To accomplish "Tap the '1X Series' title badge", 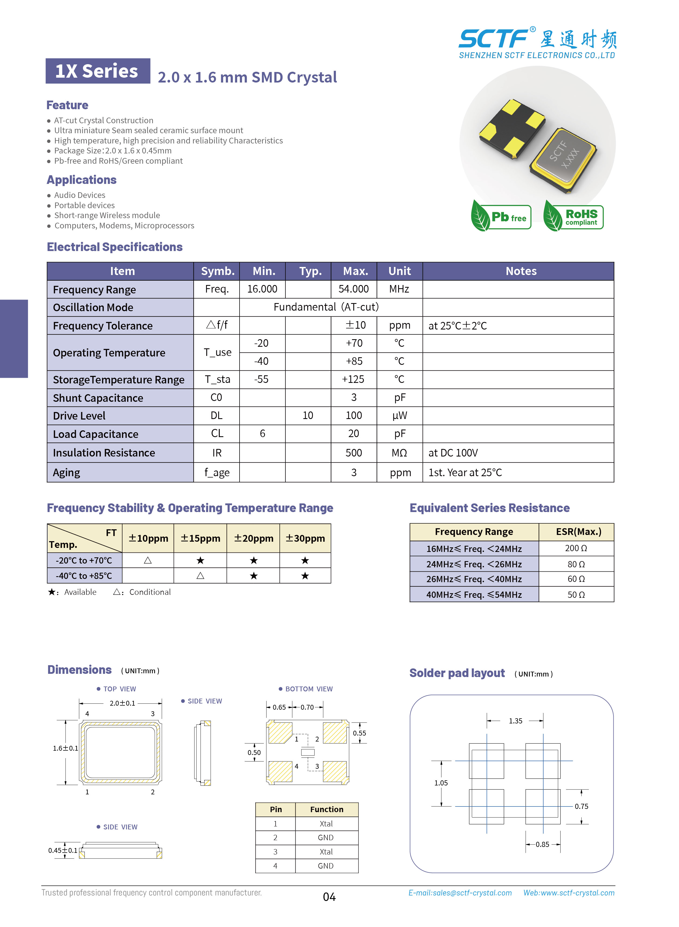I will [97, 71].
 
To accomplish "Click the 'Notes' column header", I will [521, 271].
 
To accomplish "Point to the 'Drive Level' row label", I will [79, 416].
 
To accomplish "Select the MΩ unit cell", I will [399, 453].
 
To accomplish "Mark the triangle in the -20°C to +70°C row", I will [148, 560].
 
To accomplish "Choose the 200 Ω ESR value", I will [576, 548].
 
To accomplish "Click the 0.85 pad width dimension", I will [542, 844].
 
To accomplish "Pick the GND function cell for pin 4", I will [326, 866].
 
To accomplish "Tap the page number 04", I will [329, 897].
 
